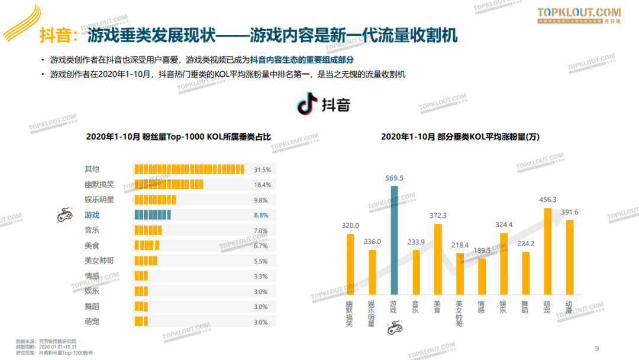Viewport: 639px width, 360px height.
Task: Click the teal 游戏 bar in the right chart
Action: (x=395, y=240)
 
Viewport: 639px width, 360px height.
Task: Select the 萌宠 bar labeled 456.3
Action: (x=547, y=251)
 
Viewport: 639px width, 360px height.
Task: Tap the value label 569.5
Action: (x=393, y=178)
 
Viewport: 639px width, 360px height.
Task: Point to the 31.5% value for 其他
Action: (x=262, y=169)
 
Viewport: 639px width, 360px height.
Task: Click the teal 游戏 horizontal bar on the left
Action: (x=153, y=215)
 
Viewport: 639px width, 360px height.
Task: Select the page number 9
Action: (x=597, y=348)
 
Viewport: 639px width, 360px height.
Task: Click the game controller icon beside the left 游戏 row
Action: (x=64, y=216)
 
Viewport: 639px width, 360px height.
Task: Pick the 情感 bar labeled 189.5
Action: (x=482, y=277)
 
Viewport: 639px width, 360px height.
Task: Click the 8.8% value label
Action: (x=261, y=216)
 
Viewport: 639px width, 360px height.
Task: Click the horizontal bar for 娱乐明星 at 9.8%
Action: (x=155, y=200)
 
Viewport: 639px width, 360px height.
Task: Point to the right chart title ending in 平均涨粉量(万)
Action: (x=460, y=137)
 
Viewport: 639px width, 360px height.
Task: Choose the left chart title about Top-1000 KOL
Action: (x=178, y=137)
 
